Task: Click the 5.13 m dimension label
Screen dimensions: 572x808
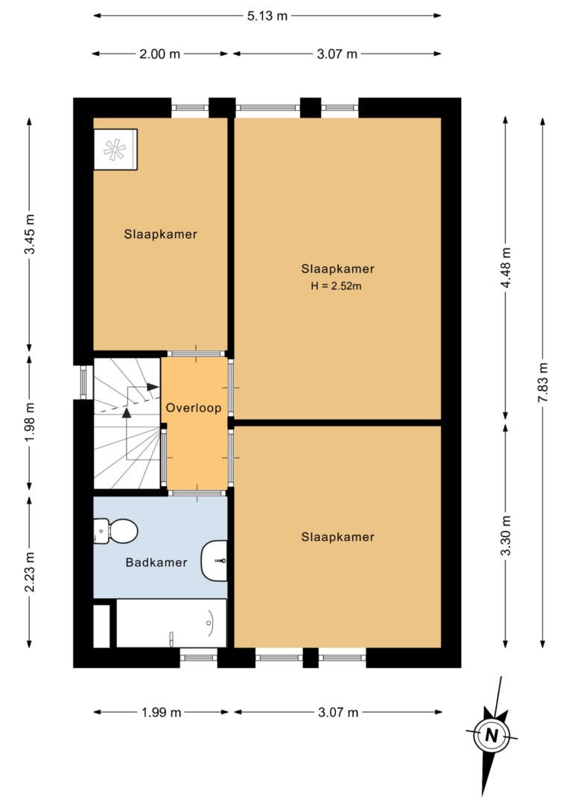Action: (267, 16)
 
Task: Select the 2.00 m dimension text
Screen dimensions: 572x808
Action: (159, 54)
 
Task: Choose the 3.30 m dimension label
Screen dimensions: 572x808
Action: (506, 536)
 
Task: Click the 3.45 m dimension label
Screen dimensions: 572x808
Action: (29, 234)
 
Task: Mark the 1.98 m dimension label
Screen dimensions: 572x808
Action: (29, 422)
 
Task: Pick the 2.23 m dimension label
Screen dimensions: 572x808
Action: (29, 572)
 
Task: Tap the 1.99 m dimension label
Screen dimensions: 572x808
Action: (162, 712)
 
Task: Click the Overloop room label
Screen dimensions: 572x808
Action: (194, 408)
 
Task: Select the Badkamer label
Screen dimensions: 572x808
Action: (156, 562)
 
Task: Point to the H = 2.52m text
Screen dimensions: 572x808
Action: (336, 286)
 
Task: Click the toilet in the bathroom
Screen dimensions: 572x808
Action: (115, 530)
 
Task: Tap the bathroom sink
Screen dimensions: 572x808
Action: (214, 561)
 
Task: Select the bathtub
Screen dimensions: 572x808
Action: (171, 623)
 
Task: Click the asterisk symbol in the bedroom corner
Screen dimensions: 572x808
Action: (115, 150)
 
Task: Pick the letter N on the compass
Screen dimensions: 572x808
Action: (492, 735)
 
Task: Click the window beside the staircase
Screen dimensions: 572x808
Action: (83, 382)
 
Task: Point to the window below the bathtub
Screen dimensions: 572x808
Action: (199, 658)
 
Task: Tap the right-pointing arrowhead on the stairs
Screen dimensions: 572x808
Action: (153, 386)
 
